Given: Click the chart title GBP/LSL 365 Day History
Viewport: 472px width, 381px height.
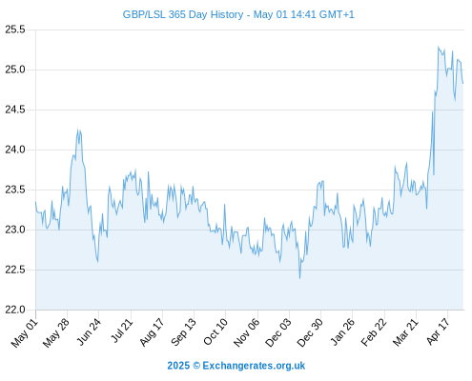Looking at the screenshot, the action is (x=183, y=14).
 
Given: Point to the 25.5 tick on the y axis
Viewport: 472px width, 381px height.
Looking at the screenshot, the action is (x=15, y=30).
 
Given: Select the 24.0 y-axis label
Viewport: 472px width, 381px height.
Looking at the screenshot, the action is (x=15, y=150).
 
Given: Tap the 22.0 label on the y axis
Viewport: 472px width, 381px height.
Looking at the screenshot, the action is (x=15, y=310).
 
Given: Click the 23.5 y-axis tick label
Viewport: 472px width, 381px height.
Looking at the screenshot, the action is (x=15, y=190).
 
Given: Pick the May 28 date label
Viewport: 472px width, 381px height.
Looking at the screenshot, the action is (x=56, y=332).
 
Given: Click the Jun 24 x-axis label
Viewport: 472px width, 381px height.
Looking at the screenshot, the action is (x=89, y=331).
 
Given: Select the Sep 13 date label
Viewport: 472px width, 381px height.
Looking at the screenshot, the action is (x=183, y=331).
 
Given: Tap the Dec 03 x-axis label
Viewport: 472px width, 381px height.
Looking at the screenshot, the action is (x=278, y=332).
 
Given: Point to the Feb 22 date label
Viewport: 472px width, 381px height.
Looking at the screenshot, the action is (x=374, y=331).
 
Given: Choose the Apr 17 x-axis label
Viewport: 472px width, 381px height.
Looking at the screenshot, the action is (x=439, y=331).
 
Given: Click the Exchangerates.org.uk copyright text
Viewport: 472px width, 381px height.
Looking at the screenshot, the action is (x=254, y=366).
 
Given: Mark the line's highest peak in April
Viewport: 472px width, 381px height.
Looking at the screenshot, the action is (x=439, y=47).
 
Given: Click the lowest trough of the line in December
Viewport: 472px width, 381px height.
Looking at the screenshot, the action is (x=299, y=278).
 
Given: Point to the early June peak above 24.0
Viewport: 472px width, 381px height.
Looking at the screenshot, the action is (x=78, y=130).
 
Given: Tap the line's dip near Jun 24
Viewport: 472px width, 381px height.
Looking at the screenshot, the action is (x=97, y=262).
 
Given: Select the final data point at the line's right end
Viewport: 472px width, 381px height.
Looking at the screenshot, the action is (x=463, y=84).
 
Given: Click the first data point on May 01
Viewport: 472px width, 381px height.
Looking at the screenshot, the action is (x=35, y=202).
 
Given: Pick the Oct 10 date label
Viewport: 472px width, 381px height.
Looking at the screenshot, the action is (x=215, y=331).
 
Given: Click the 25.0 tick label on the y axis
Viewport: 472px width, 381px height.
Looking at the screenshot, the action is (x=15, y=70).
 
